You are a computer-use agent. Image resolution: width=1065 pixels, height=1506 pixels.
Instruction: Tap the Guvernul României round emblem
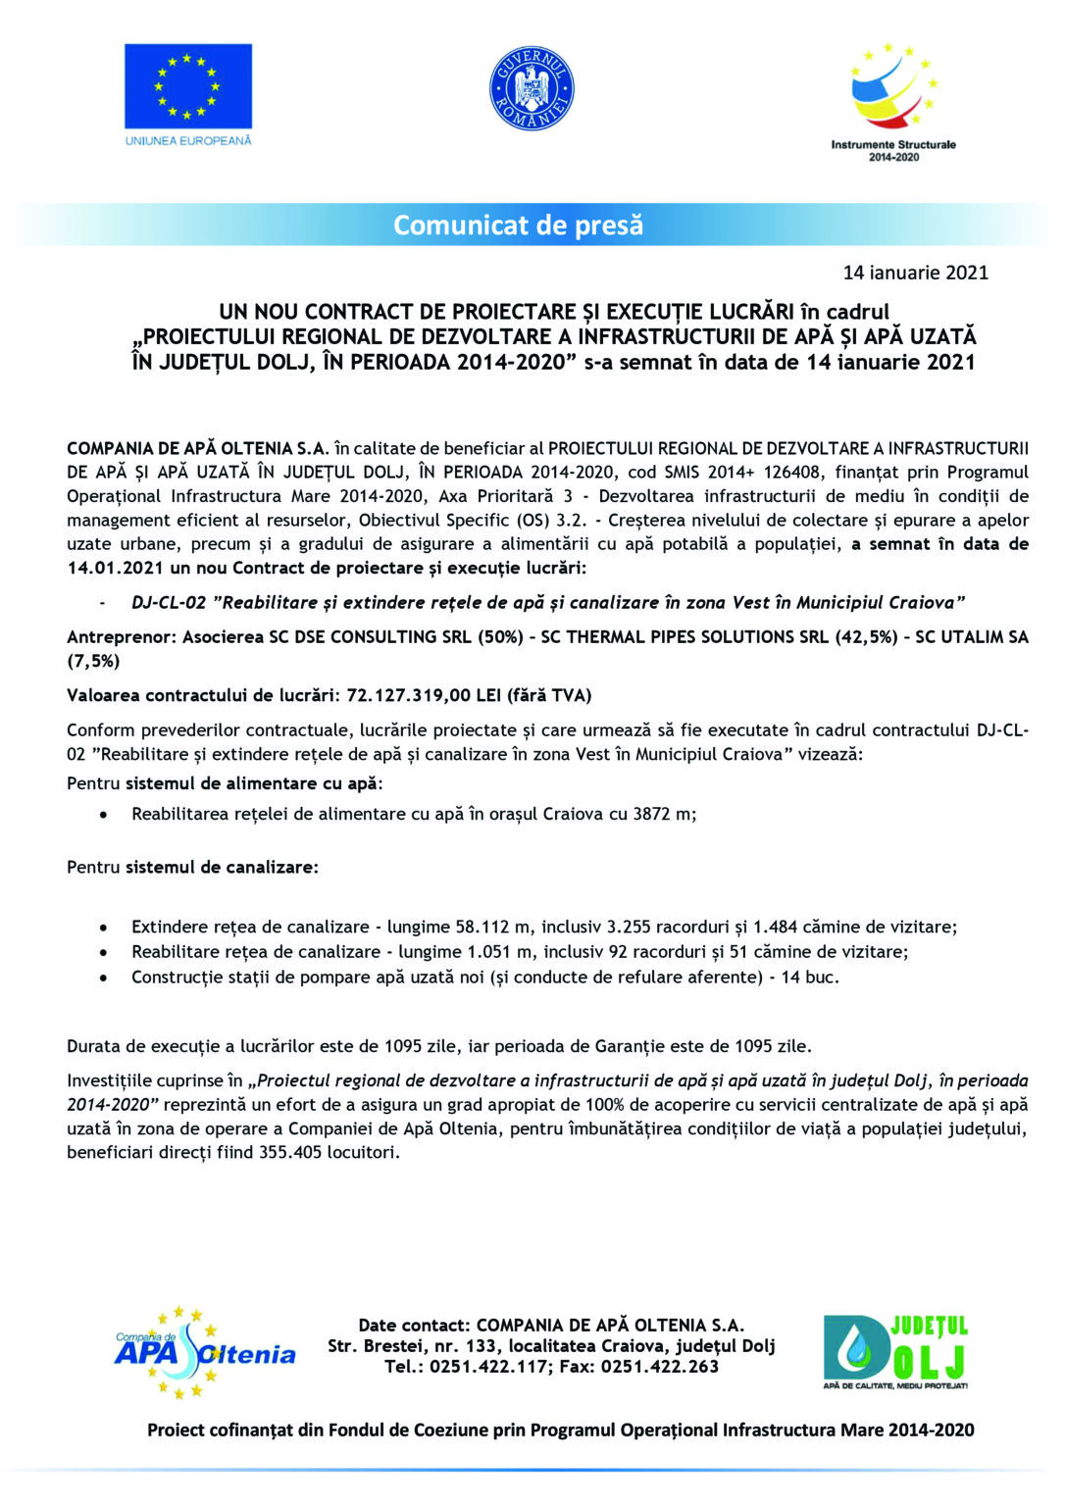pos(532,88)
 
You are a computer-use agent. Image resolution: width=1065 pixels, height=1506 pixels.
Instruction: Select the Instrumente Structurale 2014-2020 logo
pos(892,102)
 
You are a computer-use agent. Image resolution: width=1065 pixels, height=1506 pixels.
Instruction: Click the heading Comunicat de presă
pos(518,225)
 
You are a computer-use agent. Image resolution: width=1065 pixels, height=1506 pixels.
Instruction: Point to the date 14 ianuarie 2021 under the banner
pos(915,273)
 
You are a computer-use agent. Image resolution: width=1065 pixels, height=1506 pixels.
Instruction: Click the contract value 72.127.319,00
pos(404,695)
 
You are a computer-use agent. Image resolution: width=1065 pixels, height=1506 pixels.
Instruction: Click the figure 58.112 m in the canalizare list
pos(493,927)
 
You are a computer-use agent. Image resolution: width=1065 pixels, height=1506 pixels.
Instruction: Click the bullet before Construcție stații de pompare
pos(104,978)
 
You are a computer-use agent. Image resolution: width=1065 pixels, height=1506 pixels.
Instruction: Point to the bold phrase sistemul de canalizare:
pos(222,868)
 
